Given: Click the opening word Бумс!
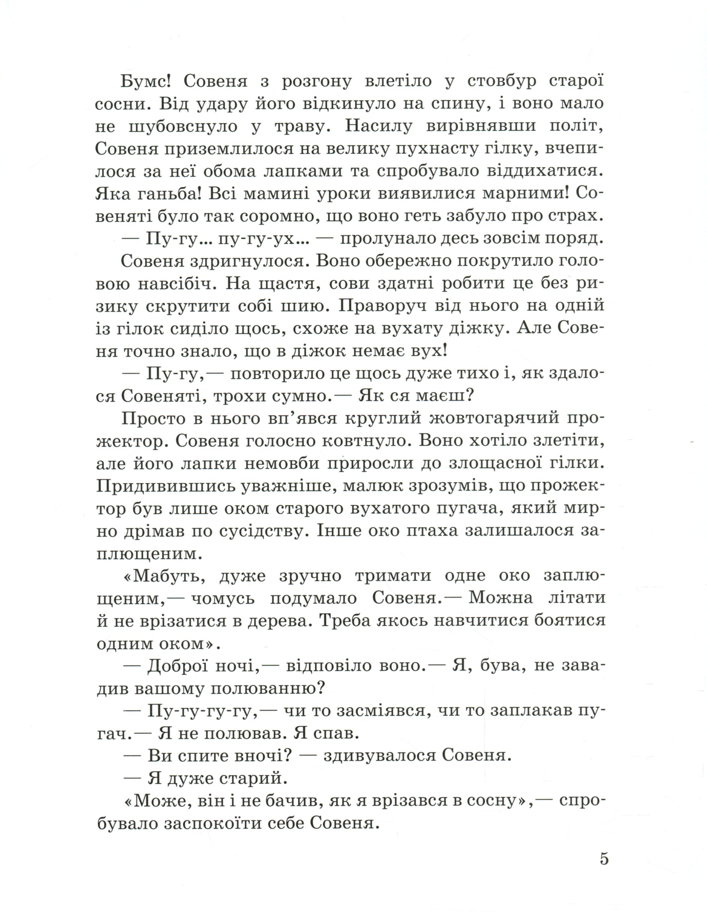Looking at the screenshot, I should tap(146, 81).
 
